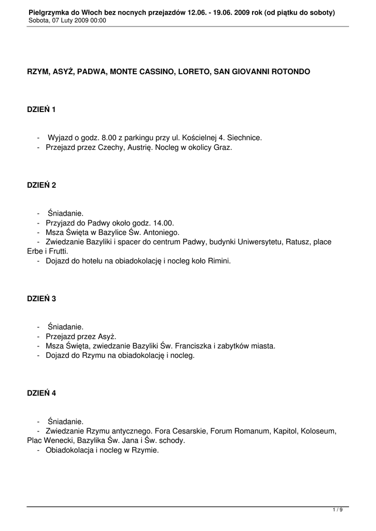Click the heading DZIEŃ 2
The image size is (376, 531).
click(41, 185)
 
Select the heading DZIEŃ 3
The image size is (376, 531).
click(41, 299)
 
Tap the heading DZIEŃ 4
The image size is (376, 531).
click(41, 393)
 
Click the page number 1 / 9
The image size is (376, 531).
click(338, 510)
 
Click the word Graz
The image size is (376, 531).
click(223, 147)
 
